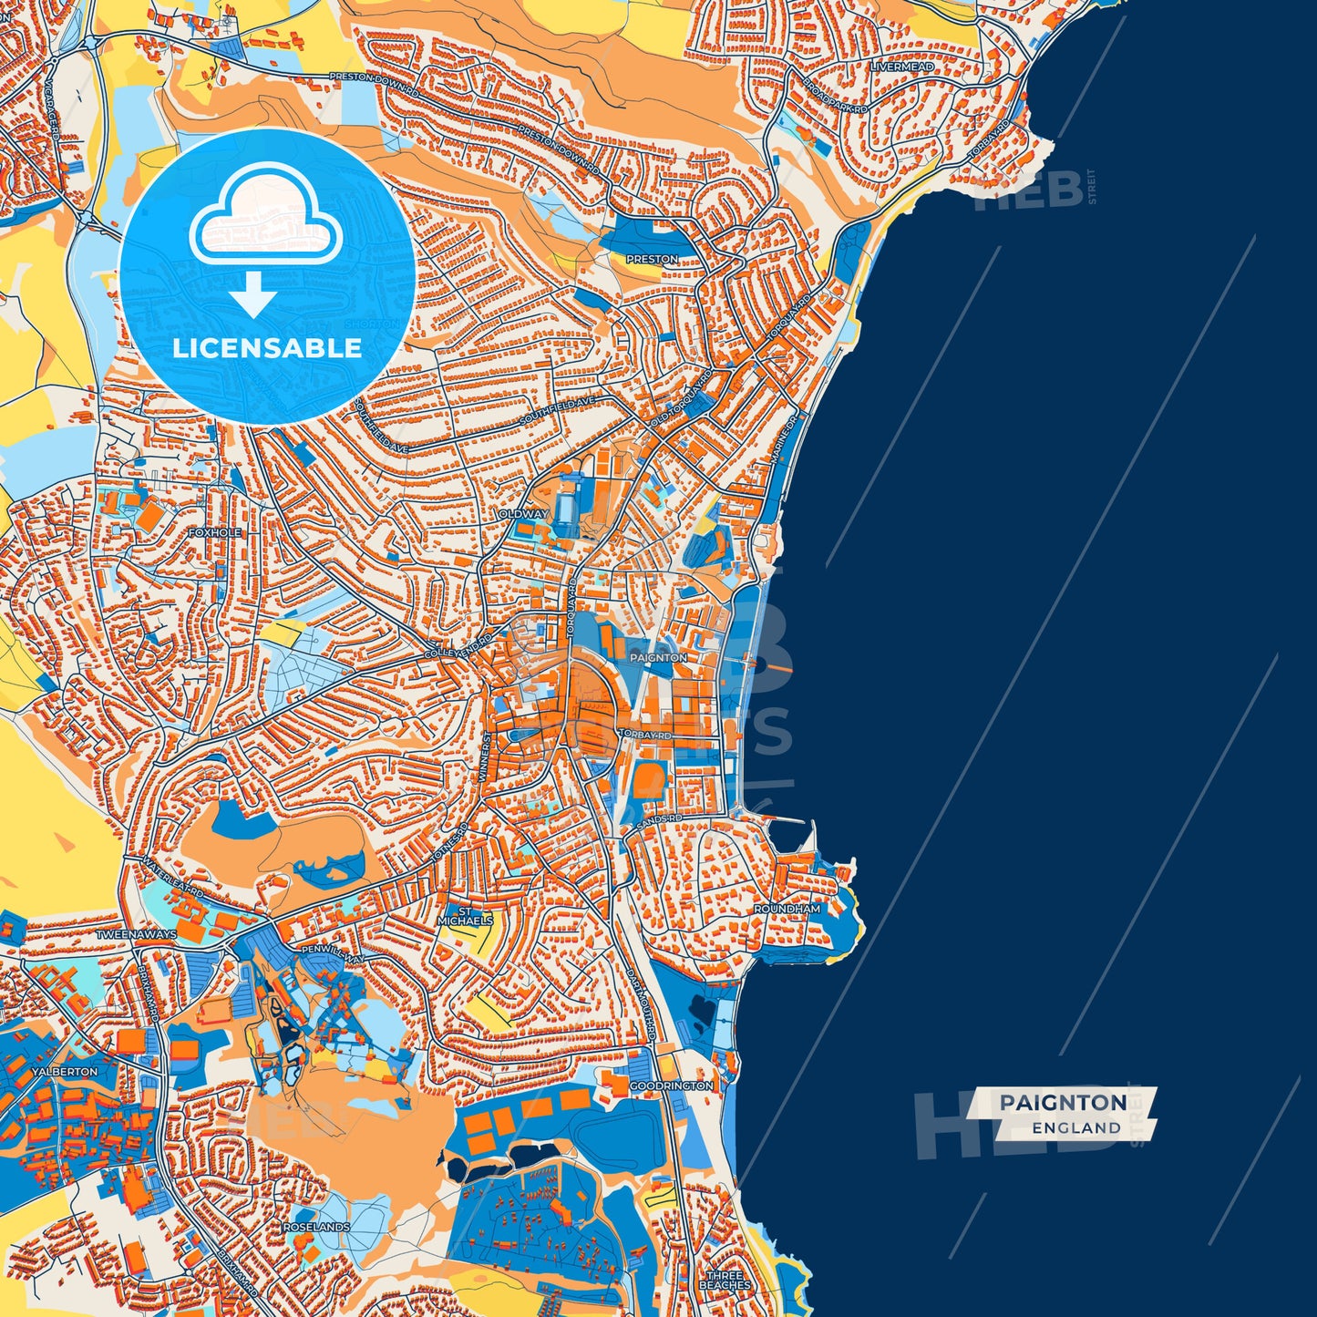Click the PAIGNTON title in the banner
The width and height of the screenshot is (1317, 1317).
[1062, 1103]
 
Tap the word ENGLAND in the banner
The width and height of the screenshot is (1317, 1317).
[1076, 1127]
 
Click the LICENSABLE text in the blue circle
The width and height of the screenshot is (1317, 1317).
[267, 348]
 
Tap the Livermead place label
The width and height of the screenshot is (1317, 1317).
[901, 67]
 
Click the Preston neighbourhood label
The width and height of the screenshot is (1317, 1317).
[652, 260]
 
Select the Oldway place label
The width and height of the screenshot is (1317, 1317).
[523, 514]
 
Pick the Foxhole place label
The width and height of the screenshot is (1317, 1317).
[215, 532]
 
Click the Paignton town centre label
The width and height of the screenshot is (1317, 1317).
[658, 657]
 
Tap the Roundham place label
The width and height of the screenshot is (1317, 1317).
[787, 909]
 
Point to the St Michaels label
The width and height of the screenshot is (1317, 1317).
[465, 916]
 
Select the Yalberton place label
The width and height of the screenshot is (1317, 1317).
[64, 1072]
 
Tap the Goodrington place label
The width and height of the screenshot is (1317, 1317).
[671, 1086]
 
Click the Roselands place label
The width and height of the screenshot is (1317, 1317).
[316, 1227]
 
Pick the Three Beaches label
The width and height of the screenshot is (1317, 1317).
[725, 1281]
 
